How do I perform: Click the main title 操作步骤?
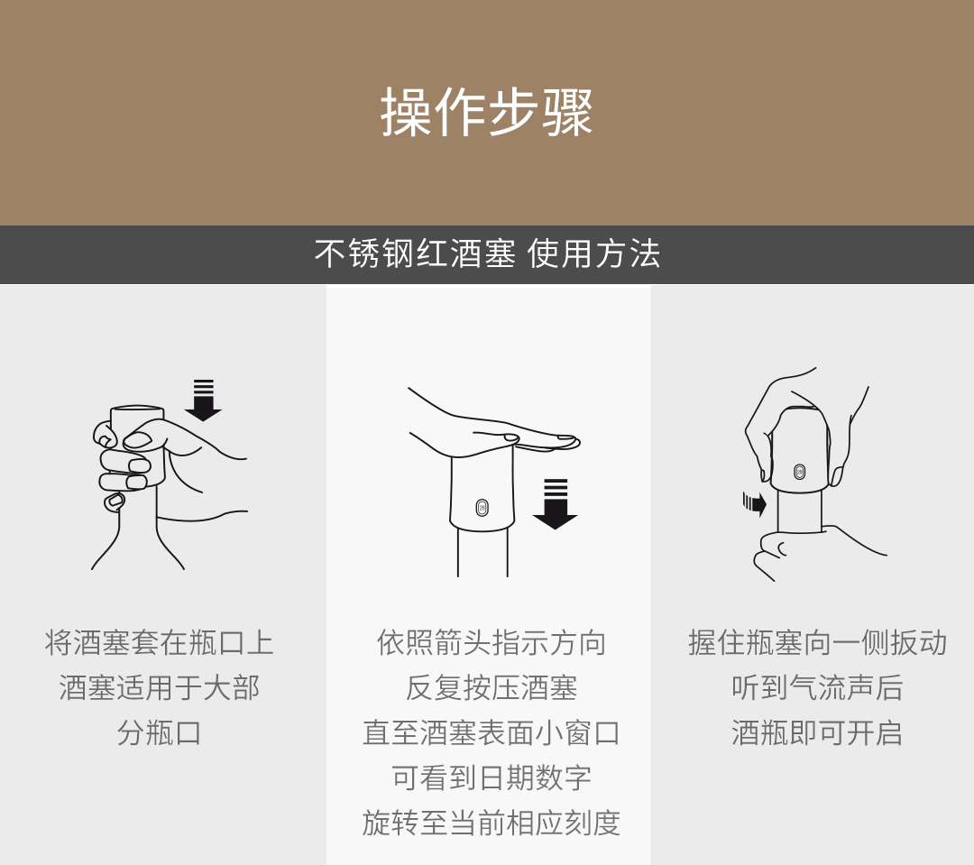tap(487, 112)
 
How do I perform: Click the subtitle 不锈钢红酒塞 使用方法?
tap(487, 253)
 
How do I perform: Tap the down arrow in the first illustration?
tap(203, 400)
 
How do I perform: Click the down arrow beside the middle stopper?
tap(556, 504)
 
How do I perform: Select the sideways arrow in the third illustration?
tap(755, 502)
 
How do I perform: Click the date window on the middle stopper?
tap(482, 508)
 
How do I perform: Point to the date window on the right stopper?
tap(799, 472)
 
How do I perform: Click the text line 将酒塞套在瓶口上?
tap(159, 642)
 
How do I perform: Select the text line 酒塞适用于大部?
tap(159, 688)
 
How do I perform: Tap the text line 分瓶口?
tap(159, 733)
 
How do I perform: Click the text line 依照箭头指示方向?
tap(492, 642)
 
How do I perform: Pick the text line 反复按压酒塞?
tap(492, 688)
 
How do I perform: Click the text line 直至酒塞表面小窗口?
tap(492, 733)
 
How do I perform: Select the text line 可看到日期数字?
tap(492, 778)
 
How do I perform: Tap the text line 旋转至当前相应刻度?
tap(492, 824)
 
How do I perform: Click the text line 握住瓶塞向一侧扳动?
tap(817, 642)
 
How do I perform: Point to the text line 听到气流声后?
tap(817, 688)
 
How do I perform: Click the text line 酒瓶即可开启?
tap(817, 733)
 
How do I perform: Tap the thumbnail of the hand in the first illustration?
tap(138, 440)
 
